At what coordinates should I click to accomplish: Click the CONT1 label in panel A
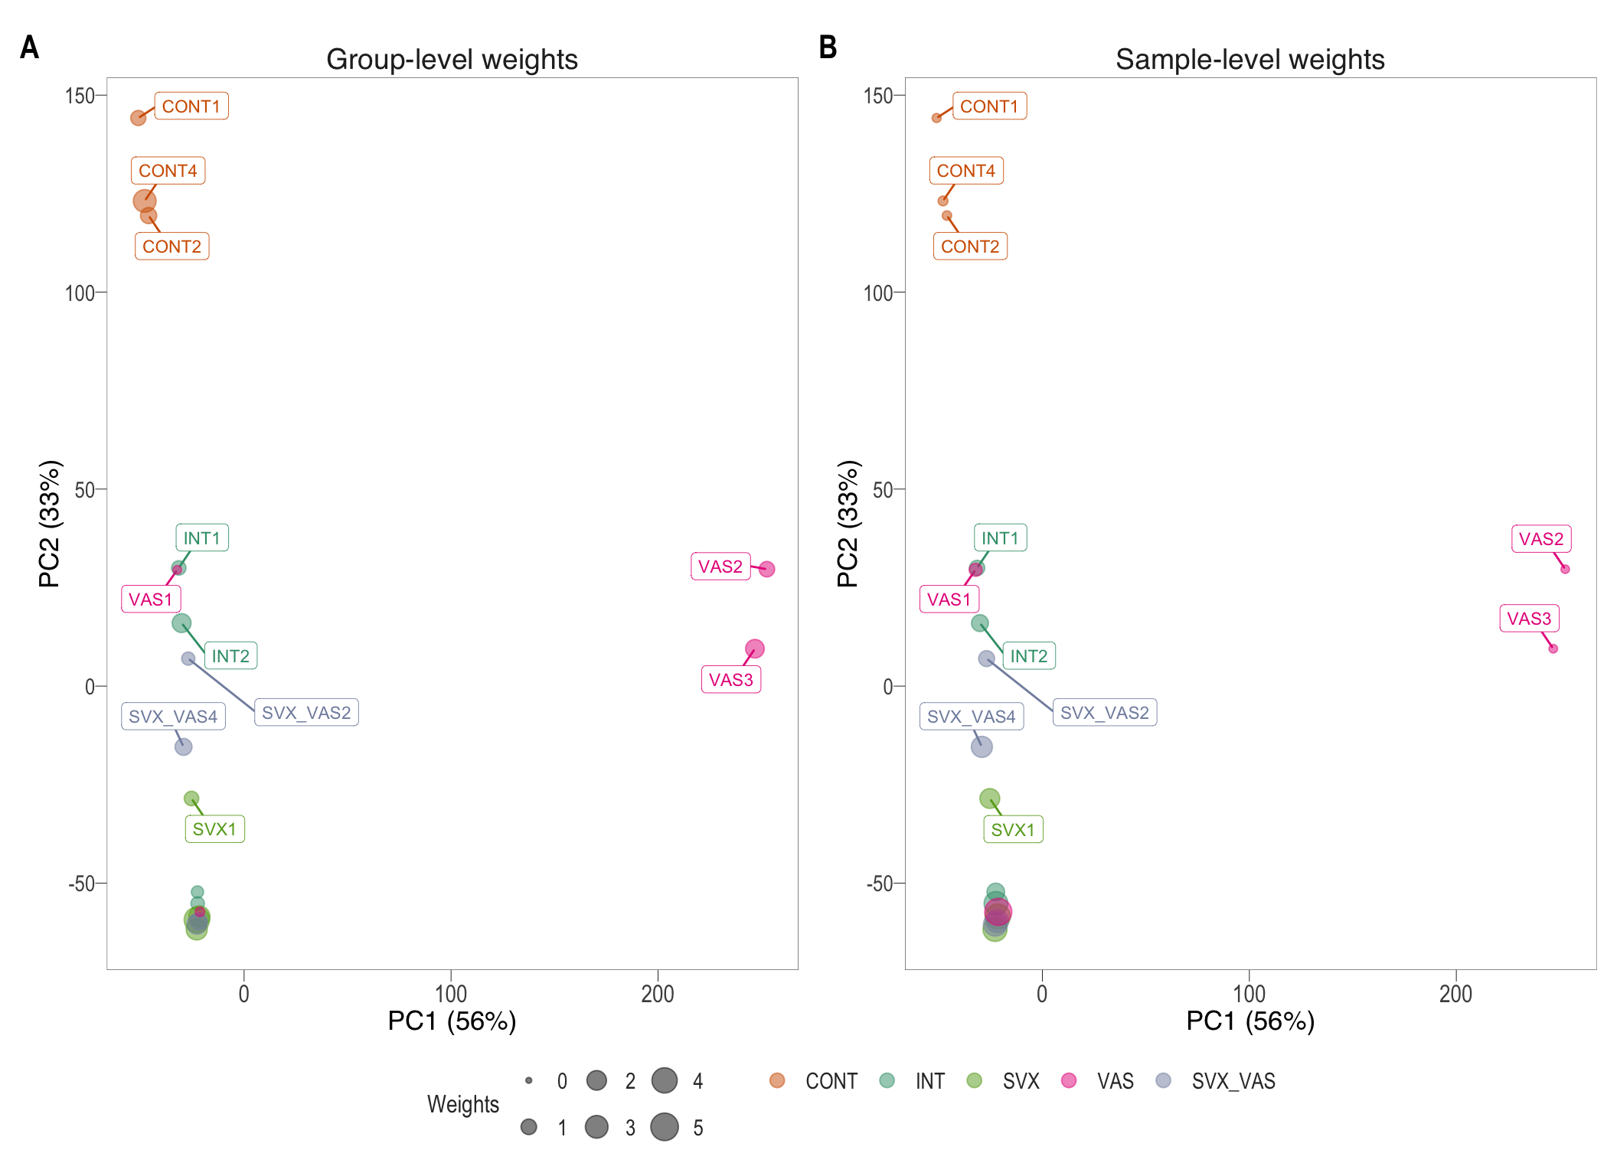(x=191, y=106)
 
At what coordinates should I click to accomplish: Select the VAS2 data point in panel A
(x=766, y=569)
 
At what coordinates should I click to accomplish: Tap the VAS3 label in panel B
(x=1528, y=619)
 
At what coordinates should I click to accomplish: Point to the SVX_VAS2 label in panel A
(x=306, y=713)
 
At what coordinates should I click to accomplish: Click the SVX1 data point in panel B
(x=989, y=799)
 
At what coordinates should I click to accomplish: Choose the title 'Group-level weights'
(x=452, y=60)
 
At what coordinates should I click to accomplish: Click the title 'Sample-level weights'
(x=1249, y=60)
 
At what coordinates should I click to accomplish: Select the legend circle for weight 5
(x=665, y=1127)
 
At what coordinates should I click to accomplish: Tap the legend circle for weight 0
(x=528, y=1081)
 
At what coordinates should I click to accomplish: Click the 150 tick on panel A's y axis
(x=80, y=96)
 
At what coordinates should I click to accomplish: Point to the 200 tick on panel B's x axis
(x=1455, y=994)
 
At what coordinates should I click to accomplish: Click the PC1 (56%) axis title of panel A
(x=452, y=1021)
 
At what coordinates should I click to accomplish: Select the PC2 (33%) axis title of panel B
(x=848, y=524)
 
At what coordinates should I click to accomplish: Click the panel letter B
(x=828, y=47)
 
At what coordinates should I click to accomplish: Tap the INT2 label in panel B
(x=1028, y=656)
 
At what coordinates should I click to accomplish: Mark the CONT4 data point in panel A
(x=144, y=201)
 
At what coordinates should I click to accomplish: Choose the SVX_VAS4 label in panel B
(x=971, y=717)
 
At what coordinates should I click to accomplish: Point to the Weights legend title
(x=462, y=1104)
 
